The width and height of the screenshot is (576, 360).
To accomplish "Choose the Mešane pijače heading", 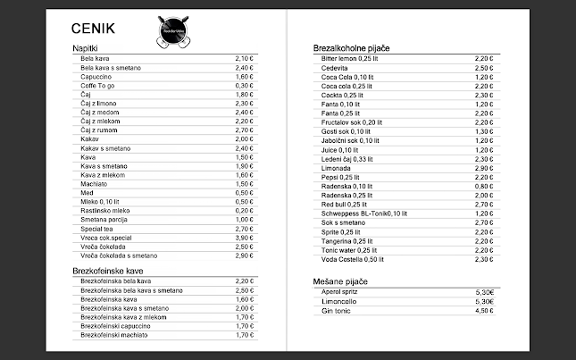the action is (x=340, y=281).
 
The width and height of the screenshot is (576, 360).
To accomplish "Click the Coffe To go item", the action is (x=99, y=86).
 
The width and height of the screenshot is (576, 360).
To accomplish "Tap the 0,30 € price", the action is (x=244, y=86).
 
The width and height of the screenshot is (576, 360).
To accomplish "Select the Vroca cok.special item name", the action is (x=109, y=238).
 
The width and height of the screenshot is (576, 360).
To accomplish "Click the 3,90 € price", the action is (x=244, y=238).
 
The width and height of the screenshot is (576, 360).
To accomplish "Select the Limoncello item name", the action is (x=339, y=301).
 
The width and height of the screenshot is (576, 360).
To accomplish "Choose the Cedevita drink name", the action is (x=336, y=68).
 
